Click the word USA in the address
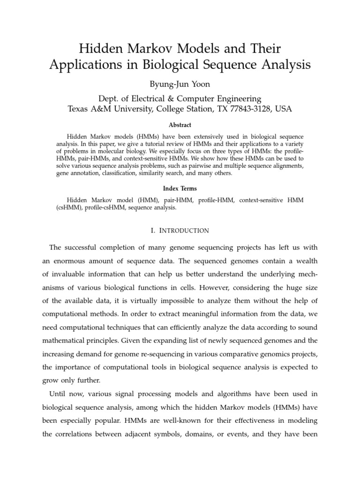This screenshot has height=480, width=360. click(283, 109)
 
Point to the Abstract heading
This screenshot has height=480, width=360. click(180, 125)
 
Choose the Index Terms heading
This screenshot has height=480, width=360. click(180, 188)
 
